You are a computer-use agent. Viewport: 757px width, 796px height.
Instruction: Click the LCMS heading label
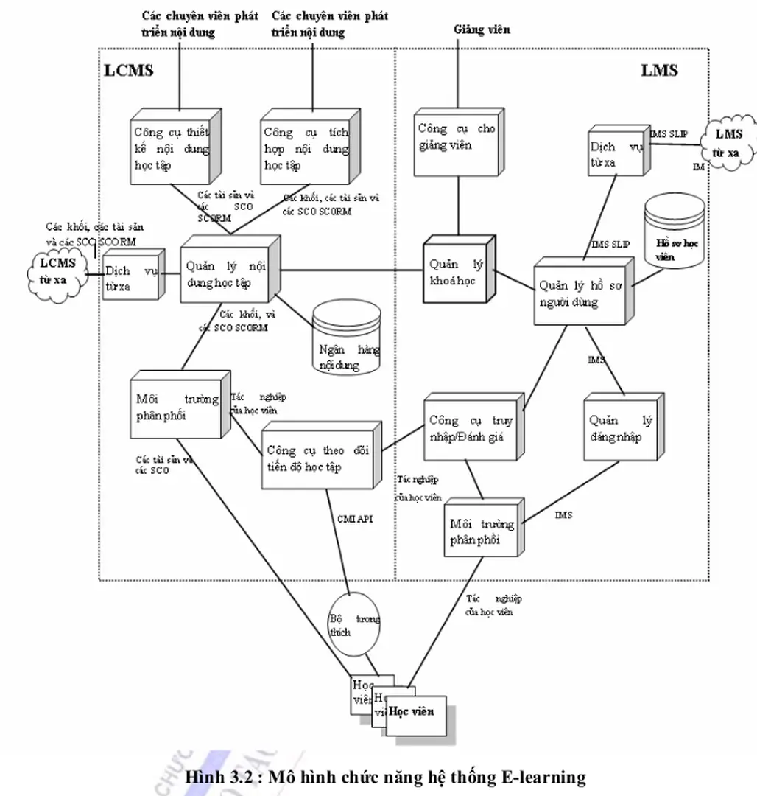[x=130, y=71]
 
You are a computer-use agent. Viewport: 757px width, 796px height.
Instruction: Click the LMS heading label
[x=659, y=71]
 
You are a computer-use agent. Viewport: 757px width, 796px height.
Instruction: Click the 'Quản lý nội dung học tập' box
[x=228, y=273]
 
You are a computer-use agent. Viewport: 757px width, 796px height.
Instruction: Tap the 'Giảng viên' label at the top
[x=482, y=30]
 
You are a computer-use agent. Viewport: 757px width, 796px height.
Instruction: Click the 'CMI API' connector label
[x=356, y=519]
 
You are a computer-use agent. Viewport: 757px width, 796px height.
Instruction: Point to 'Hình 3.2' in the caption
[x=218, y=777]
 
